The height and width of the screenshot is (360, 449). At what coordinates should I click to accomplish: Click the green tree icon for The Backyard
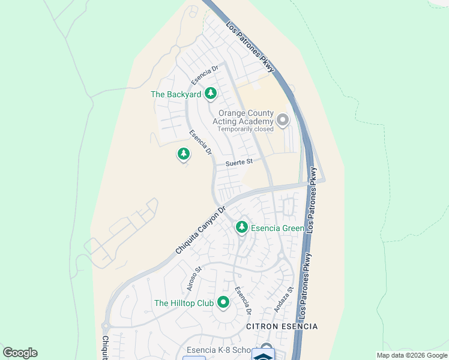click(x=210, y=93)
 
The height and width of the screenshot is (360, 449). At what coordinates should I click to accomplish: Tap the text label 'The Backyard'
click(x=175, y=94)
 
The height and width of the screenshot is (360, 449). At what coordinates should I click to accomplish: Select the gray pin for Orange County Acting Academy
click(x=283, y=120)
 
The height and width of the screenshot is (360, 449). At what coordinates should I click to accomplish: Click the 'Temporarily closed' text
click(x=245, y=129)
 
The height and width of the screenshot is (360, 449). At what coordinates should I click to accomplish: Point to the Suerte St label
click(x=240, y=162)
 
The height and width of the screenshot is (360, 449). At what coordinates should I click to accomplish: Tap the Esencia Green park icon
click(x=242, y=227)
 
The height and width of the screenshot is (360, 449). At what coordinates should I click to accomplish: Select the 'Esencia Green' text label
click(x=277, y=227)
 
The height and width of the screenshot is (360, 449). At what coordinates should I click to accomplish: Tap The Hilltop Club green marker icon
click(x=223, y=302)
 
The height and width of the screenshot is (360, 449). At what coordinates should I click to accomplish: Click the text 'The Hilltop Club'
click(x=184, y=304)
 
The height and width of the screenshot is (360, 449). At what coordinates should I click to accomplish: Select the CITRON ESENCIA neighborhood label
click(x=282, y=326)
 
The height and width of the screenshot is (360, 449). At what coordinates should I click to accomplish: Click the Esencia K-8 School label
click(x=220, y=351)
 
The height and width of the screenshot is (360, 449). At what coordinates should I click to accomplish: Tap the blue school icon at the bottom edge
click(x=262, y=354)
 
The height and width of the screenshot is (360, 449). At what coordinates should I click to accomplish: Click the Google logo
click(x=20, y=353)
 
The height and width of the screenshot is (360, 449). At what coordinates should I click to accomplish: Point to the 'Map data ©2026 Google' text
click(x=412, y=355)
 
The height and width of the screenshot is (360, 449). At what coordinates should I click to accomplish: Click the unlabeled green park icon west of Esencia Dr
click(x=184, y=154)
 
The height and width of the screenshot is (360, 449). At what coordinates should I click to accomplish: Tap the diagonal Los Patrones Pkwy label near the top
click(x=250, y=47)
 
